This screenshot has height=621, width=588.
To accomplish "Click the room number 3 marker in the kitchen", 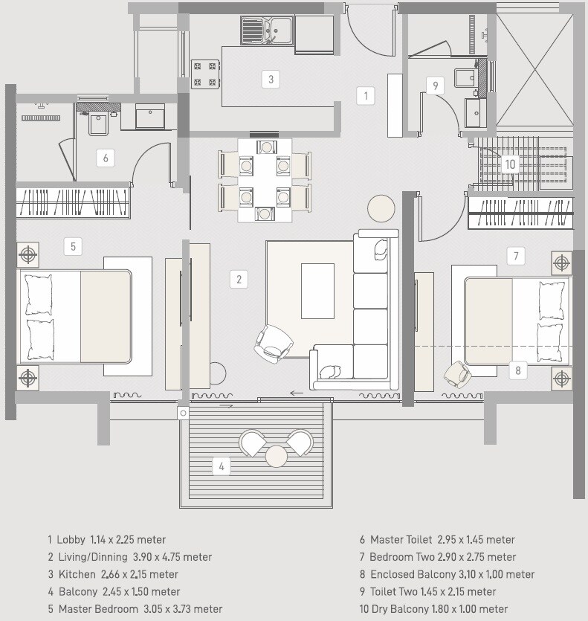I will [271, 79].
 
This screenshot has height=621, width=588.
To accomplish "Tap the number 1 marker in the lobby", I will [364, 95].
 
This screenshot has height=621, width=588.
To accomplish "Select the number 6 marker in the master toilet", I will [106, 158].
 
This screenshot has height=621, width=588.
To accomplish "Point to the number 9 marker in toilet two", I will [435, 86].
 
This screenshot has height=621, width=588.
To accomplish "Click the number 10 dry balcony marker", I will [509, 164].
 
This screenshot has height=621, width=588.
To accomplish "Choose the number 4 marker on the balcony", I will [221, 466].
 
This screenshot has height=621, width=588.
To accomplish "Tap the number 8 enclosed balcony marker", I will [518, 370].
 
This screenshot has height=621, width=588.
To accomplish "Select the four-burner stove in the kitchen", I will [204, 74].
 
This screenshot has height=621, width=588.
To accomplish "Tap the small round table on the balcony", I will [277, 455].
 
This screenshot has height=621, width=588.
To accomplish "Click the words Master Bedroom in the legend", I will [93, 609].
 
